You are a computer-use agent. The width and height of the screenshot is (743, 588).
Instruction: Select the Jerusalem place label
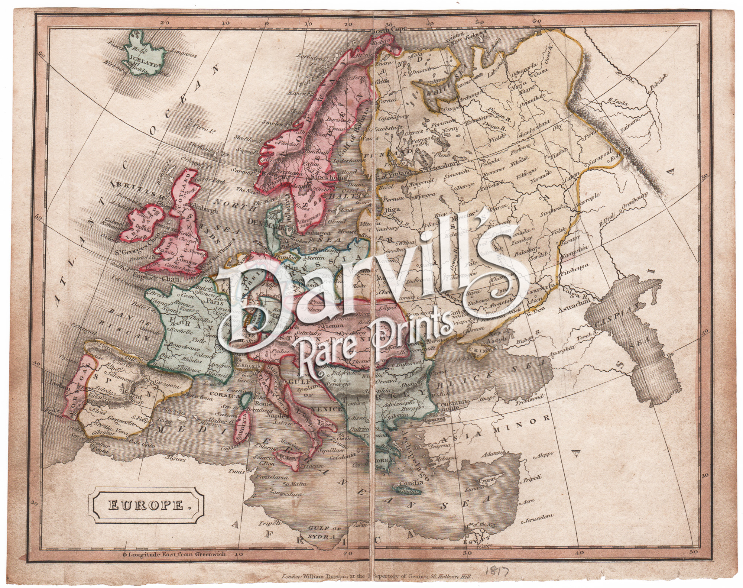539,518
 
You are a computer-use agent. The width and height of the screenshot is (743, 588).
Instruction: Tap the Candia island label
411,483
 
